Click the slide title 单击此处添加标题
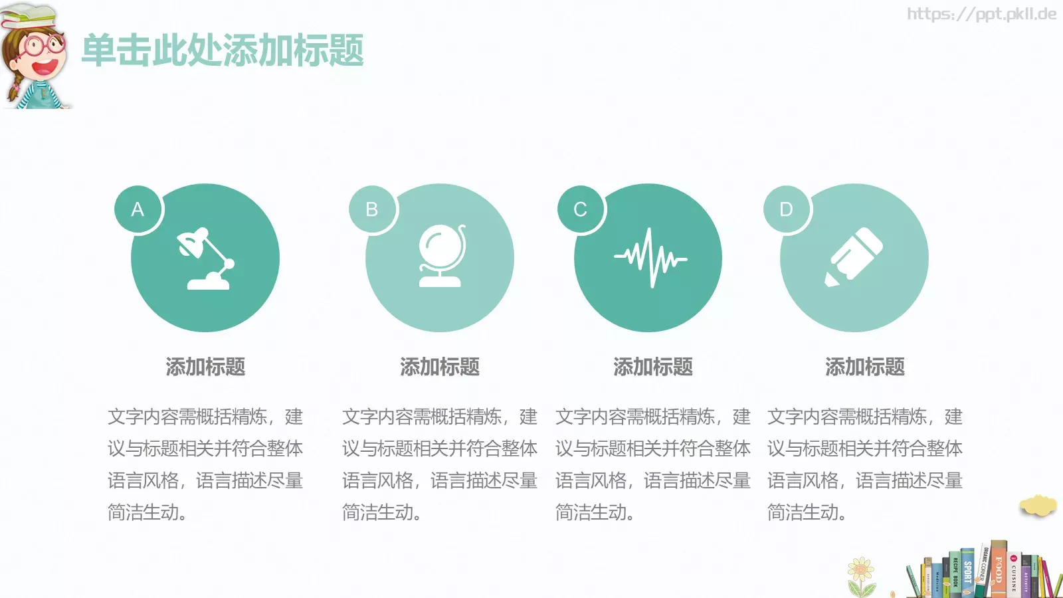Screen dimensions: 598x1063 point(223,50)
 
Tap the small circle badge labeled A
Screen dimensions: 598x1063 point(138,209)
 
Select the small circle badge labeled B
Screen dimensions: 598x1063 point(372,209)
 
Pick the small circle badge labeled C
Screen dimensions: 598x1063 point(581,209)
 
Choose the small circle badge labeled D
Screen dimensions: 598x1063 point(786,209)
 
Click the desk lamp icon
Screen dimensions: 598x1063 point(206,259)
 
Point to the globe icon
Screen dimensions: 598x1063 point(441,256)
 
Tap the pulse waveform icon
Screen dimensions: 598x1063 point(650,258)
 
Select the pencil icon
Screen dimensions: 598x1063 point(854,257)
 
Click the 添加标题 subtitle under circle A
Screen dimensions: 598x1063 point(205,367)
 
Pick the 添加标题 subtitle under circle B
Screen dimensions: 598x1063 point(440,367)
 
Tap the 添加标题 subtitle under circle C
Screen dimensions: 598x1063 point(653,367)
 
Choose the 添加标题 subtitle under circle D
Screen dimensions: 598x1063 point(865,367)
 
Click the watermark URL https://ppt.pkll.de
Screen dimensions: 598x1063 point(981,14)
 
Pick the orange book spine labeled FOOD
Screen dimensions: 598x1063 point(999,570)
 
